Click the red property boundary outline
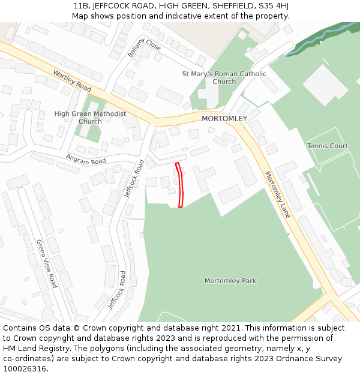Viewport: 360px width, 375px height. click(180, 185)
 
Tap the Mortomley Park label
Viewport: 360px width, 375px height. click(230, 281)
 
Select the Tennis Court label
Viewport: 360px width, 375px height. click(328, 146)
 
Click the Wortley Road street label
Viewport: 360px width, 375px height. click(71, 80)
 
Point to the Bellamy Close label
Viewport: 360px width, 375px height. click(145, 46)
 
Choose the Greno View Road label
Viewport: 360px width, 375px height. click(46, 263)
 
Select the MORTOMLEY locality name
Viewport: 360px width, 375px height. click(224, 119)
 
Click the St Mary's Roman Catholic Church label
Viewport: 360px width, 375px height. click(224, 77)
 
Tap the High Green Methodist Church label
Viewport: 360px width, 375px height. click(90, 117)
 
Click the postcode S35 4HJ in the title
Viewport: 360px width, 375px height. click(273, 5)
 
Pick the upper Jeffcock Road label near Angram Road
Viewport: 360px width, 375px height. click(134, 179)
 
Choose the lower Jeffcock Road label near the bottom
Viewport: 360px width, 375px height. click(116, 290)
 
